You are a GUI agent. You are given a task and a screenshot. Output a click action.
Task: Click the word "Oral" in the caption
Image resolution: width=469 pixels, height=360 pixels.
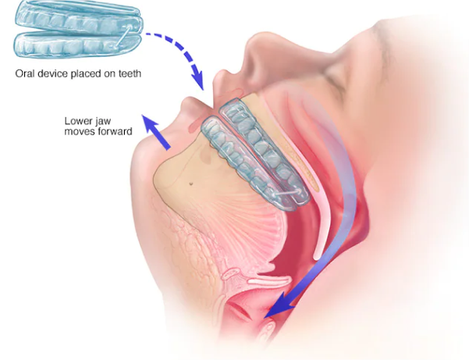(x=25, y=73)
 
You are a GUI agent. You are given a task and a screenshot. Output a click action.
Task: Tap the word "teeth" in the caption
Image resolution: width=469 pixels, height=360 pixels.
(x=130, y=73)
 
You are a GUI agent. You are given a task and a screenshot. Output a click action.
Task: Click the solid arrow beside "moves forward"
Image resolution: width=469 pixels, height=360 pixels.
(x=155, y=132)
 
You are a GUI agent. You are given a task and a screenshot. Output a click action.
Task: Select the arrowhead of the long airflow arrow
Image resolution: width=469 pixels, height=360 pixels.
(x=279, y=305)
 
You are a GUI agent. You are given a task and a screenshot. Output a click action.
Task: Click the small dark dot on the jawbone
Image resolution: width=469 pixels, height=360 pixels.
(x=190, y=184)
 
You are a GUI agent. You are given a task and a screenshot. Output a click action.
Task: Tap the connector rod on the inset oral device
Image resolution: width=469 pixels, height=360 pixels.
(x=123, y=37)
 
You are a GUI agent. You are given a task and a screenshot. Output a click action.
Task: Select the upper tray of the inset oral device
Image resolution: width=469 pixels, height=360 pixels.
(x=78, y=16)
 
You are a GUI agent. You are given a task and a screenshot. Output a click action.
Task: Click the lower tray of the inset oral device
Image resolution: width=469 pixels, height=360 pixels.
(x=77, y=45)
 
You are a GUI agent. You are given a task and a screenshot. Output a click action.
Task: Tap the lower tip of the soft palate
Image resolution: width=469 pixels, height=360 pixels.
(x=317, y=256)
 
